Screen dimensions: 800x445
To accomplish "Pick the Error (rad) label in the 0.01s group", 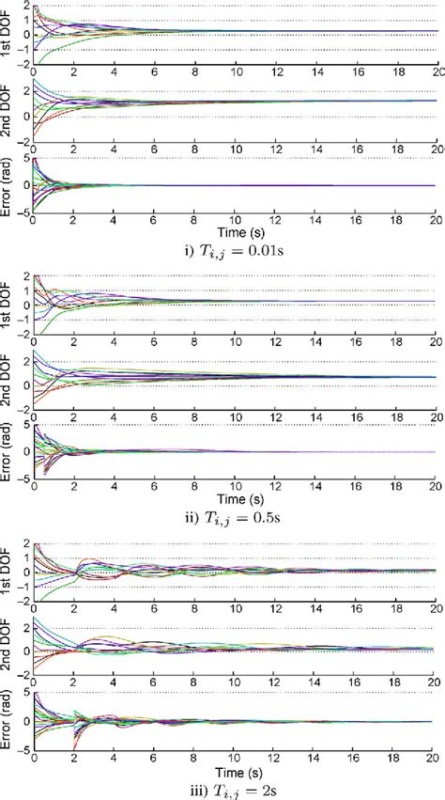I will [9, 185].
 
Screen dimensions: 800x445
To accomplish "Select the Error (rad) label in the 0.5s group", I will [9, 453].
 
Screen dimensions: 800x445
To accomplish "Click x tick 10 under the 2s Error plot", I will [236, 753].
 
